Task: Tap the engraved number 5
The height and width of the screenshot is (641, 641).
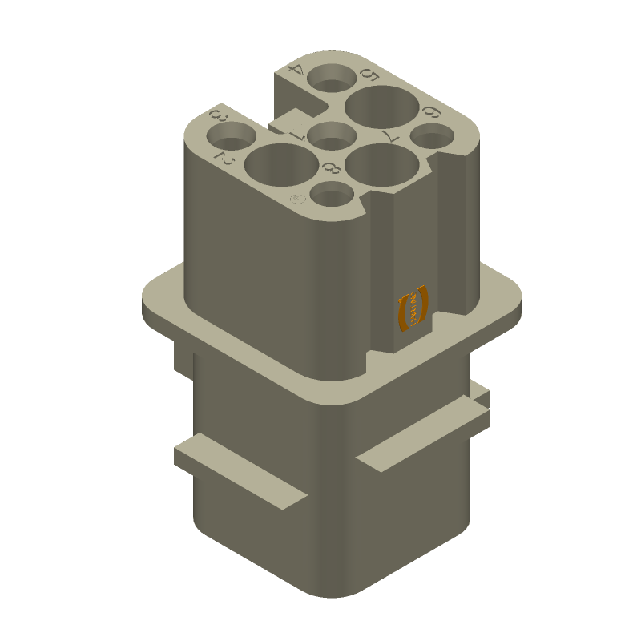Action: [369, 76]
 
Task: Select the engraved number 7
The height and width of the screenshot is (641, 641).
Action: [393, 135]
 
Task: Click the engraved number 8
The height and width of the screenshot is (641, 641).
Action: [330, 167]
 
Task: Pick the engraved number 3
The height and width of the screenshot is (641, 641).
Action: [217, 117]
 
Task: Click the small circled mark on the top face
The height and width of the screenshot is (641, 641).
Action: [296, 197]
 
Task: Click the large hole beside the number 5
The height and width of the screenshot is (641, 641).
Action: [381, 107]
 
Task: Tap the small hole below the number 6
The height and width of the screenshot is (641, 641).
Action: [432, 139]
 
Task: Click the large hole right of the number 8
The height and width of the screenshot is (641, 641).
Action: [384, 163]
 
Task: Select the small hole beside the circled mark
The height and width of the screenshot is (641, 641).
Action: [329, 195]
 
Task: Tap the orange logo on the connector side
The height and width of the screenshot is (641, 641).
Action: [413, 308]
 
